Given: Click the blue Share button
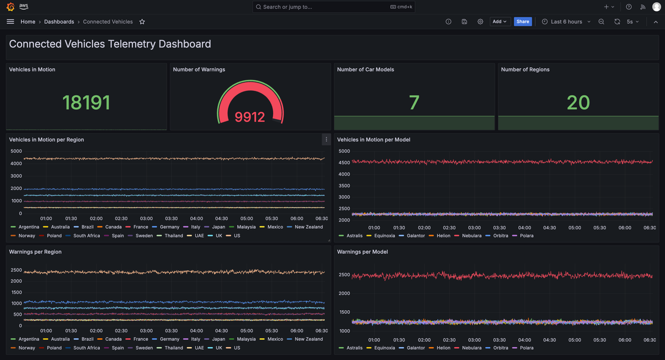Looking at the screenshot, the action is coord(523,22).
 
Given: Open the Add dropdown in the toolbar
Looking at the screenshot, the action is coord(500,22).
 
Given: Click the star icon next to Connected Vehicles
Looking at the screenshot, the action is coord(142,22).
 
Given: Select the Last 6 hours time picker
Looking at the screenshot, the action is coord(566,22).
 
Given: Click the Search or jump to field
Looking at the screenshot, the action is coord(334,7).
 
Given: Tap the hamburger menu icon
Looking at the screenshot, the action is coord(11,22).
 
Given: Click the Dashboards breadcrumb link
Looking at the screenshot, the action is coord(59,22).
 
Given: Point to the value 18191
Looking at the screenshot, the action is coord(86,102).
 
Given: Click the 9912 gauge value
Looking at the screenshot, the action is coord(250,117).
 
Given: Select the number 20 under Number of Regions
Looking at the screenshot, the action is coord(578,102).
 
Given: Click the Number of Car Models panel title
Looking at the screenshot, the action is coord(365,69).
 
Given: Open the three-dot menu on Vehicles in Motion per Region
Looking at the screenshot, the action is coord(326,140).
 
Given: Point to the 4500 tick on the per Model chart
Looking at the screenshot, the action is coord(344,163).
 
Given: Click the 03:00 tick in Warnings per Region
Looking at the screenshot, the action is coord(146,331).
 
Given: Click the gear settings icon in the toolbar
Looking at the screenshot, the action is coord(480,22).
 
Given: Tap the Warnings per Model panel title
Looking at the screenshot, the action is coord(362,251).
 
